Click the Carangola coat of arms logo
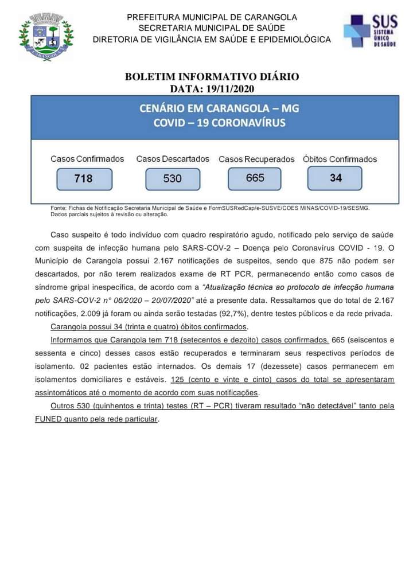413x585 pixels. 46,37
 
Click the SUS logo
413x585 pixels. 370,32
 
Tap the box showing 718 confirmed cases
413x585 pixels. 84,178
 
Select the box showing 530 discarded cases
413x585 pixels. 173,178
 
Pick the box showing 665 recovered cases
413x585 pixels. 255,178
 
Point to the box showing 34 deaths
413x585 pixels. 335,178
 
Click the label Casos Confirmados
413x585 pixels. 87,159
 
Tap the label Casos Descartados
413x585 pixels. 173,159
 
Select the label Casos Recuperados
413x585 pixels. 256,159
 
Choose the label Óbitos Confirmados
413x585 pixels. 340,159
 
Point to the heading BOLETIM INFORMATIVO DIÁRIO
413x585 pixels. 212,77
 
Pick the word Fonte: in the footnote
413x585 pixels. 58,208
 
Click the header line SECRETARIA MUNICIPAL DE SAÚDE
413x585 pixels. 212,28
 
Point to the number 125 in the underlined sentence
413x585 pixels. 178,380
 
